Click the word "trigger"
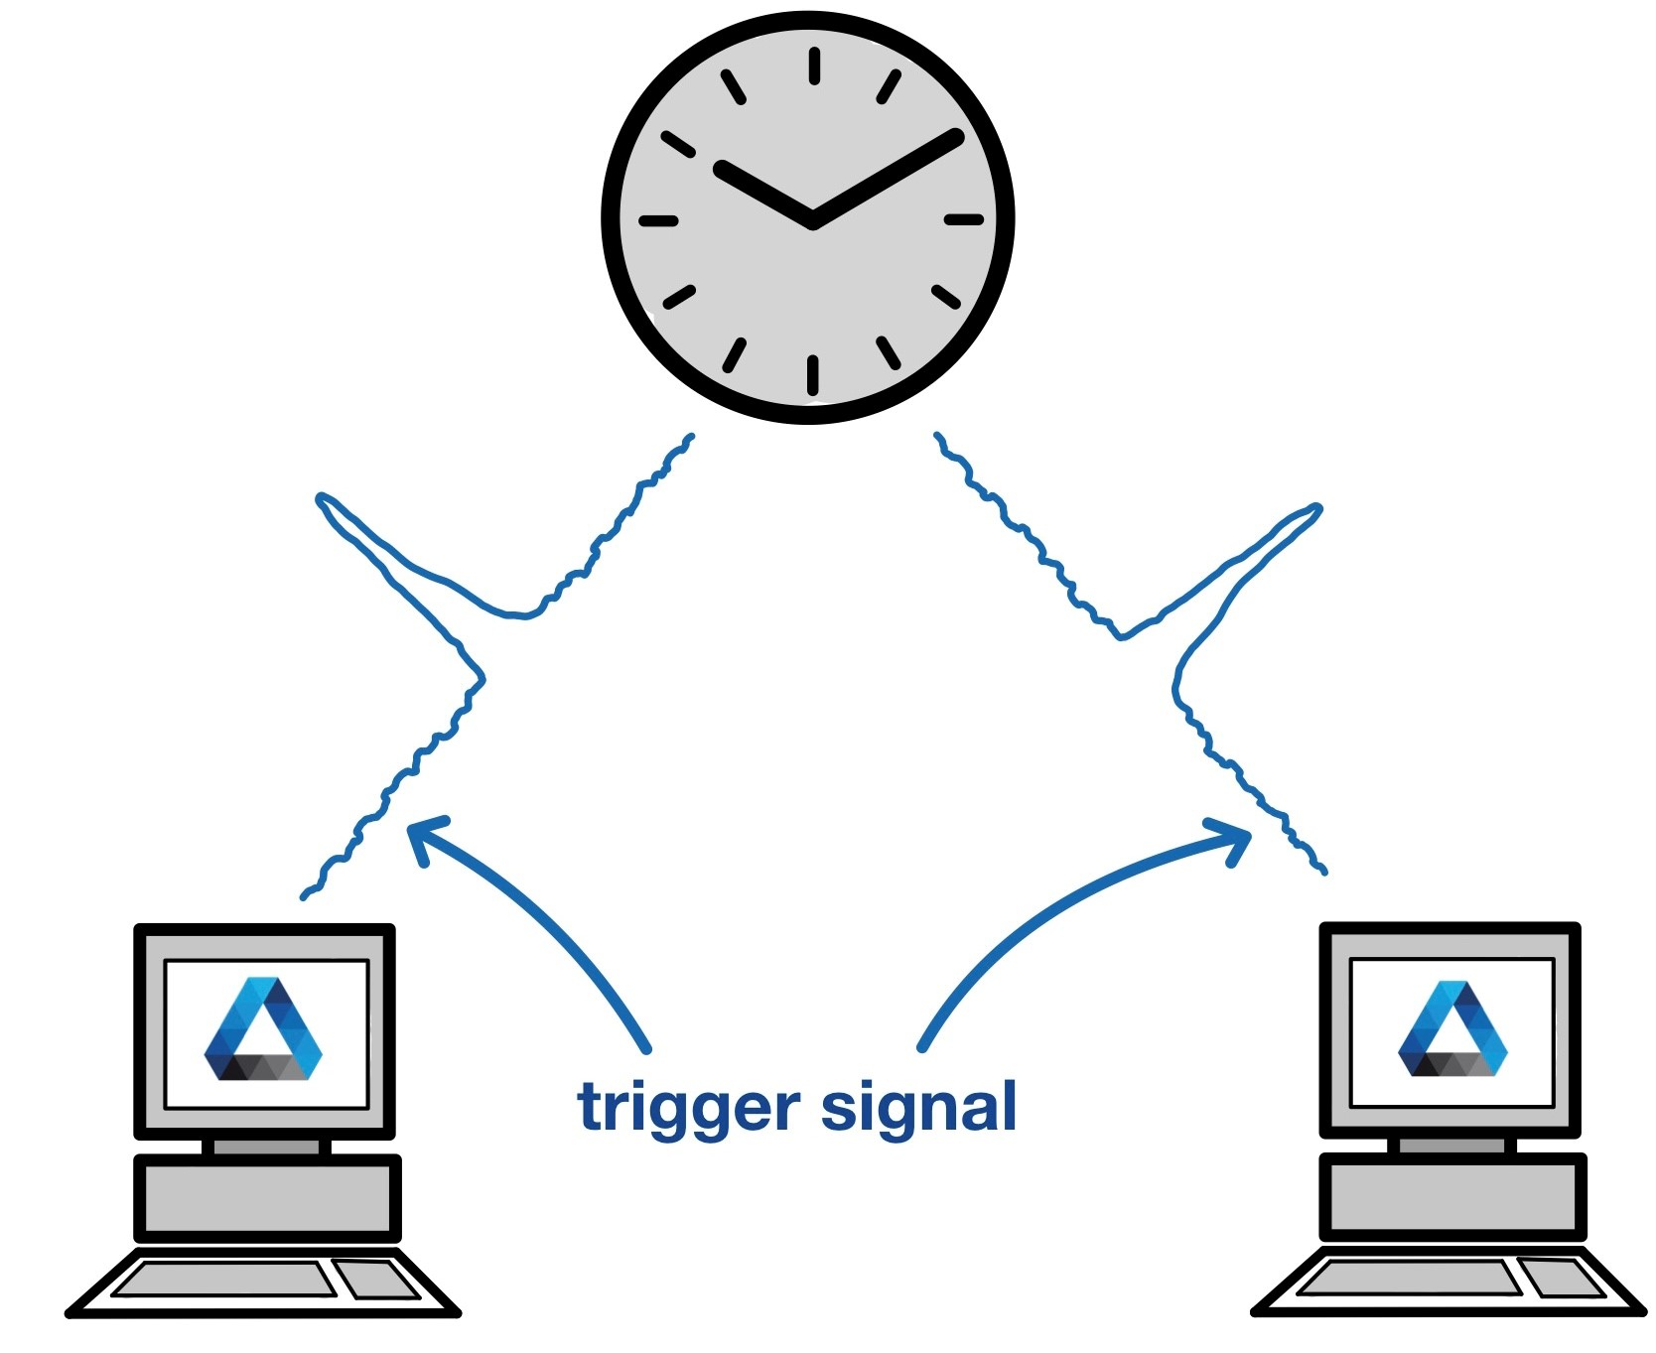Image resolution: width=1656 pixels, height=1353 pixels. (688, 1109)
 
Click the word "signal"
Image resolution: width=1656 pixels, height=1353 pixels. (918, 1109)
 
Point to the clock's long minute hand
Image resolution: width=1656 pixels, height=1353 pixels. (887, 179)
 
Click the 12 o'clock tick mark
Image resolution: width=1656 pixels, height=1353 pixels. (814, 67)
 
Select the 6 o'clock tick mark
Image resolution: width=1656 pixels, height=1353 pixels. (813, 374)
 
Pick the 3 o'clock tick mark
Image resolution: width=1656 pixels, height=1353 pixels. (962, 219)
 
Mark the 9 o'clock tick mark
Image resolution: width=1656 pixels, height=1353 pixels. (658, 220)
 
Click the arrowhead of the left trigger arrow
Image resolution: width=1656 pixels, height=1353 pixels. (423, 834)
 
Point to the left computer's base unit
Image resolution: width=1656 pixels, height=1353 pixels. (267, 1197)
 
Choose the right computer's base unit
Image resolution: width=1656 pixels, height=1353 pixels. (1452, 1197)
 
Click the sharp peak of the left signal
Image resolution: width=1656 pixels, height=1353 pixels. (321, 497)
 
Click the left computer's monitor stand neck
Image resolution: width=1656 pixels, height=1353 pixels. (266, 1147)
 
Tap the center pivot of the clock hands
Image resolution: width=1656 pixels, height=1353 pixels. (813, 220)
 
